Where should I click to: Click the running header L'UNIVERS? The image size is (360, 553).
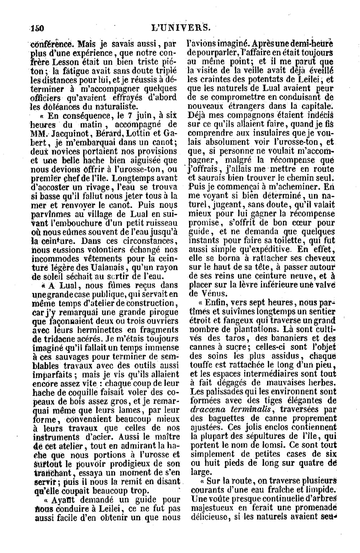180,27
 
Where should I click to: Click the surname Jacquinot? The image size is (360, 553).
70,134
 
